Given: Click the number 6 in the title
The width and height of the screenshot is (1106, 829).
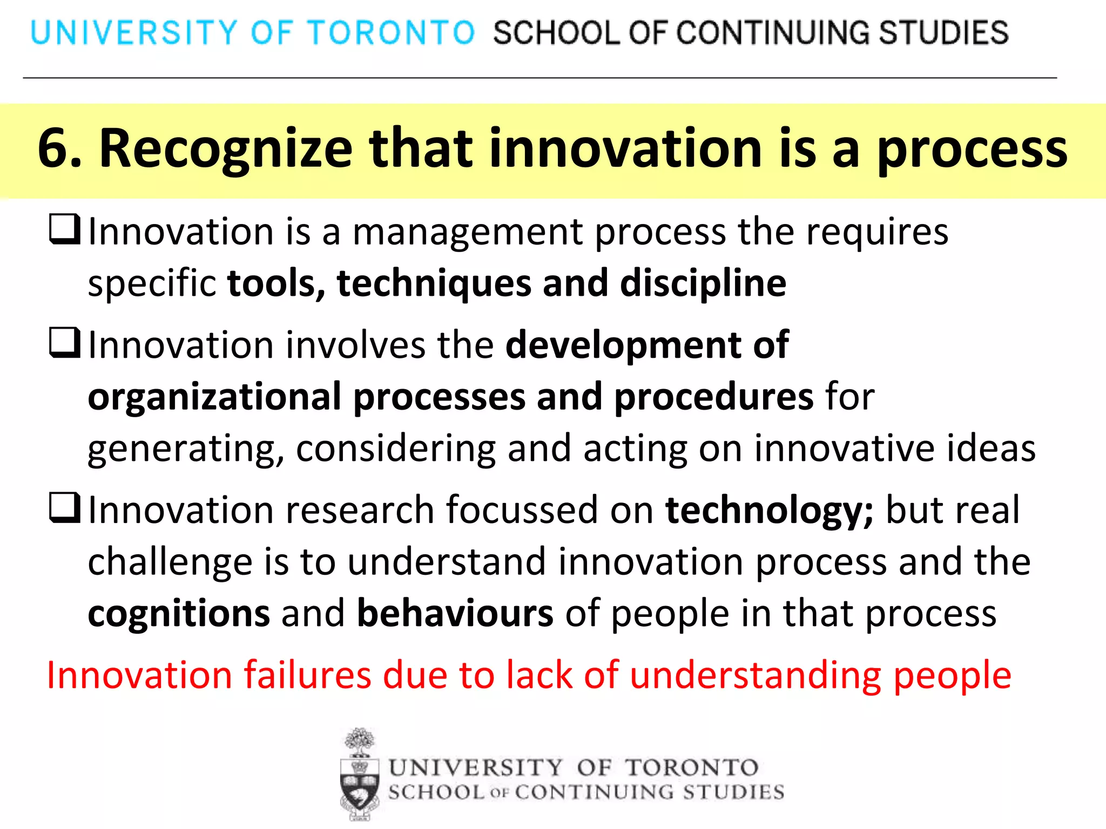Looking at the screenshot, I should point(55,148).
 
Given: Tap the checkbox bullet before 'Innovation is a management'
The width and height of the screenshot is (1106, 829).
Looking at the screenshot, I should point(65,230).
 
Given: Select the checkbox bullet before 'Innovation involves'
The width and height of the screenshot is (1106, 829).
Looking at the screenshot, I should point(65,343).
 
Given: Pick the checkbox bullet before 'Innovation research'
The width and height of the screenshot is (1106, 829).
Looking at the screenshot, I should point(65,508).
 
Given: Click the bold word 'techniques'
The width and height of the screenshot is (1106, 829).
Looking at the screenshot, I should point(434,284).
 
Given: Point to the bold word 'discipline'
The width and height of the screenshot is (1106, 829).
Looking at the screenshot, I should point(703,284).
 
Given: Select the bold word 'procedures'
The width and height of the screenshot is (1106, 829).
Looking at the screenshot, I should point(713,397).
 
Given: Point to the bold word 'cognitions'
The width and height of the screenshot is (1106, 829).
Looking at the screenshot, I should point(179,614).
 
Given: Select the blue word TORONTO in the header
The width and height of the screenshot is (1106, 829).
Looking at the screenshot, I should point(391,32).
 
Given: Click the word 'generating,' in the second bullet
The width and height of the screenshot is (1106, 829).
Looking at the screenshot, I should point(186,449).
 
